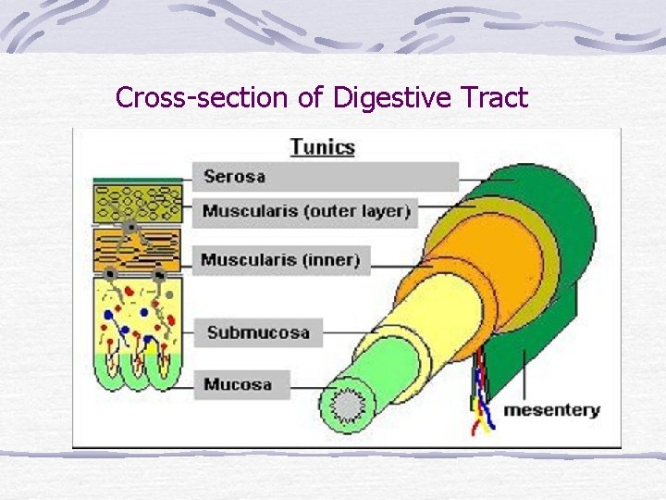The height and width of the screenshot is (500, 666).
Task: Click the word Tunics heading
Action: [322, 146]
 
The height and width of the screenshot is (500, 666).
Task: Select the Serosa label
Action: [235, 176]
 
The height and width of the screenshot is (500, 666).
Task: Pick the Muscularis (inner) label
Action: [280, 260]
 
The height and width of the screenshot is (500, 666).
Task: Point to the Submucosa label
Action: [257, 332]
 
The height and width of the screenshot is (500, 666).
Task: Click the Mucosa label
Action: [238, 383]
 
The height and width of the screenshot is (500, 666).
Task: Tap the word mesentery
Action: [551, 409]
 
